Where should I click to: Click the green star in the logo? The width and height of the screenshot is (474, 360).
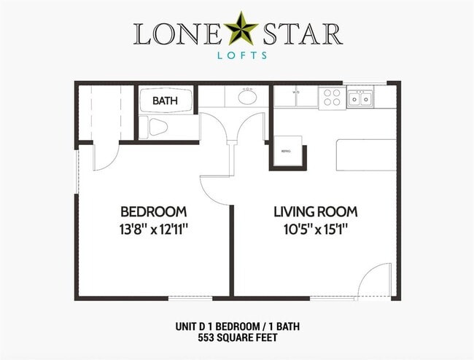click(237, 30)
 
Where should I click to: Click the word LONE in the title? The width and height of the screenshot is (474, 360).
click(174, 33)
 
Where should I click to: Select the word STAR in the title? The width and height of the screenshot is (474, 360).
click(302, 33)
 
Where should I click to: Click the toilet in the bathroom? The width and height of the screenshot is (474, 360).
click(155, 128)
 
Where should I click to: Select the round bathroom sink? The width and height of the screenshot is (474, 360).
click(247, 97)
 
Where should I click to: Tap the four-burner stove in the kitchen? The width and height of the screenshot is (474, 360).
click(332, 97)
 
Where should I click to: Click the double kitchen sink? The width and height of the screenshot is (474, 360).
click(360, 98)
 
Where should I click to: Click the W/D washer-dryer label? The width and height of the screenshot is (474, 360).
click(296, 93)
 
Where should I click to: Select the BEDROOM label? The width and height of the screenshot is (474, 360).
click(153, 211)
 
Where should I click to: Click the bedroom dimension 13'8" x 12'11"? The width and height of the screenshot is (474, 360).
click(153, 228)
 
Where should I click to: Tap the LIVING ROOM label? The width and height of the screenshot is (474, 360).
click(315, 211)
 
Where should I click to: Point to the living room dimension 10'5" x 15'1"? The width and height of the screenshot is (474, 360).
click(315, 228)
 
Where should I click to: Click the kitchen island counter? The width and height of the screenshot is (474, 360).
click(366, 154)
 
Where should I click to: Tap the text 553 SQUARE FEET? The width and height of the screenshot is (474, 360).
click(237, 339)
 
